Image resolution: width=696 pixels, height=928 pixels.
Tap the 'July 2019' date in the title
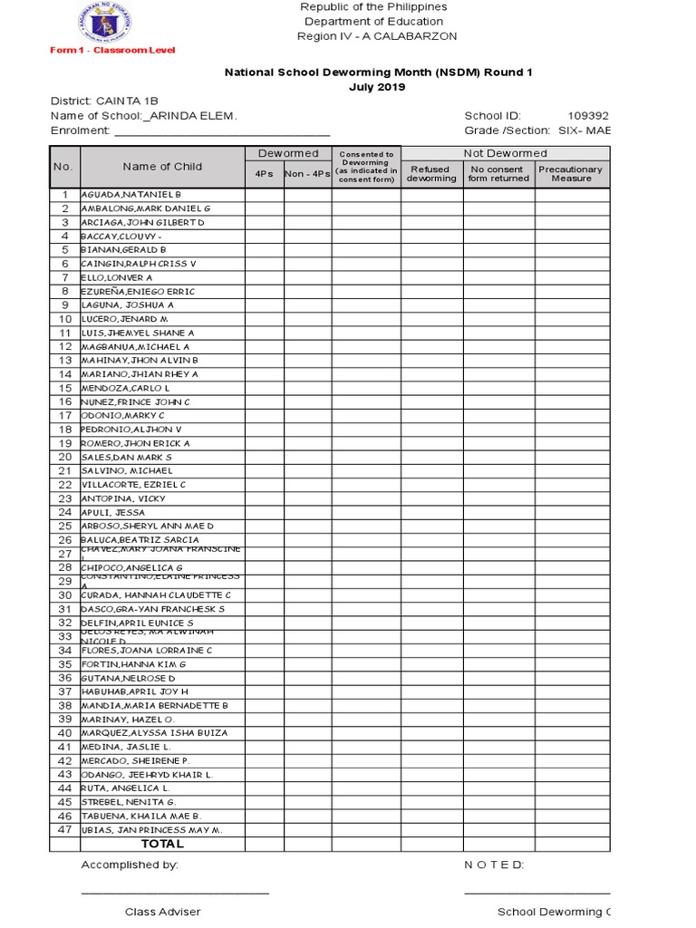pos(377,87)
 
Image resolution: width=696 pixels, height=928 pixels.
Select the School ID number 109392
pos(588,116)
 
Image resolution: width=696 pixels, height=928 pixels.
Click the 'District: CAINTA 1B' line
pos(120,101)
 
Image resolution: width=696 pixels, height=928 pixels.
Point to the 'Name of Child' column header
pos(162,167)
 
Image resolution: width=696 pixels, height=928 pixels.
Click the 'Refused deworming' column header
pos(431,173)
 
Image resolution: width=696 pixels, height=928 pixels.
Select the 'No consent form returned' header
pos(498,173)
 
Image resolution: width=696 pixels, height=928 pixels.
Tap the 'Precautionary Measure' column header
pos(571,173)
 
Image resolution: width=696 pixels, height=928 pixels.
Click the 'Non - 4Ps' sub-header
pos(307,174)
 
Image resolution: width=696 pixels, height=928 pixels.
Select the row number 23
pos(64,498)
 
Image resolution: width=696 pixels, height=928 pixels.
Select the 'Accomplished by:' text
pos(130,865)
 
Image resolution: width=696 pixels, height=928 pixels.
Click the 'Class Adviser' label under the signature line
pos(163,912)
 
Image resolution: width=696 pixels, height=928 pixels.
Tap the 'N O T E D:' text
pos(494,865)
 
